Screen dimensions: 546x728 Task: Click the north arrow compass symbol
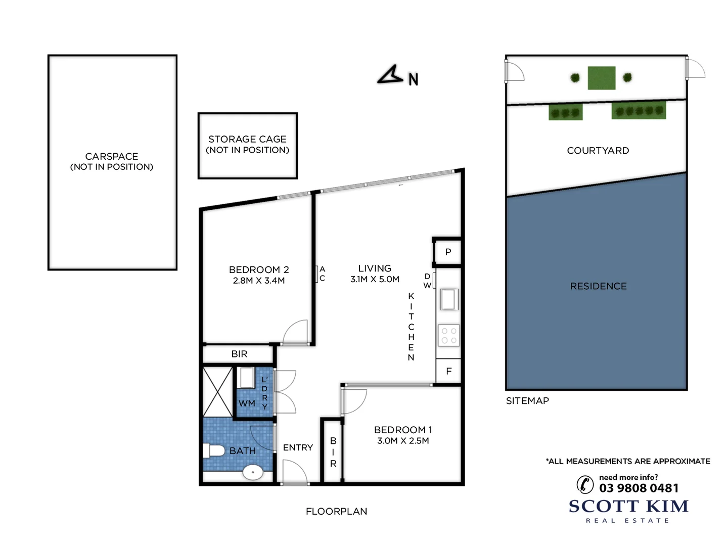pyautogui.click(x=390, y=76)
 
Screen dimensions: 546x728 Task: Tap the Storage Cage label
pyautogui.click(x=247, y=139)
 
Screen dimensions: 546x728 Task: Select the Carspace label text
pyautogui.click(x=111, y=156)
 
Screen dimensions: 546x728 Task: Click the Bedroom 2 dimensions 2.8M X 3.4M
pyautogui.click(x=258, y=281)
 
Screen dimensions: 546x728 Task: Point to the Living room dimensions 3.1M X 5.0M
pyautogui.click(x=375, y=279)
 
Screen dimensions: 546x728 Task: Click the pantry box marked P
pyautogui.click(x=448, y=252)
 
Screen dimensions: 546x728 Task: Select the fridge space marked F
pyautogui.click(x=448, y=371)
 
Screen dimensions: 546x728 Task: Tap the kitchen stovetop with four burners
pyautogui.click(x=448, y=336)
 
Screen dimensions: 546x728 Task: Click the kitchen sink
pyautogui.click(x=448, y=299)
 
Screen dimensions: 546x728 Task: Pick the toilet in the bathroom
pyautogui.click(x=213, y=450)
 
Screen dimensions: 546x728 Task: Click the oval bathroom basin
pyautogui.click(x=253, y=473)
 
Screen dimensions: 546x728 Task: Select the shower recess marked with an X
pyautogui.click(x=218, y=392)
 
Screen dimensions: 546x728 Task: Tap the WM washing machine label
pyautogui.click(x=247, y=403)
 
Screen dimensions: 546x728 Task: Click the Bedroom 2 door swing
pyautogui.click(x=296, y=332)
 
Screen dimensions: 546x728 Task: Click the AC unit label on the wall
pyautogui.click(x=322, y=274)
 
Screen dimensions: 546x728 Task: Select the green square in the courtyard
pyautogui.click(x=602, y=78)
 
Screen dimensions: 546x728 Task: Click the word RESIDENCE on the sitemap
pyautogui.click(x=598, y=286)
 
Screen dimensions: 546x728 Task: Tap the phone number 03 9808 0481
pyautogui.click(x=639, y=488)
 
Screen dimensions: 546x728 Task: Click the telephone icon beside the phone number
pyautogui.click(x=585, y=484)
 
